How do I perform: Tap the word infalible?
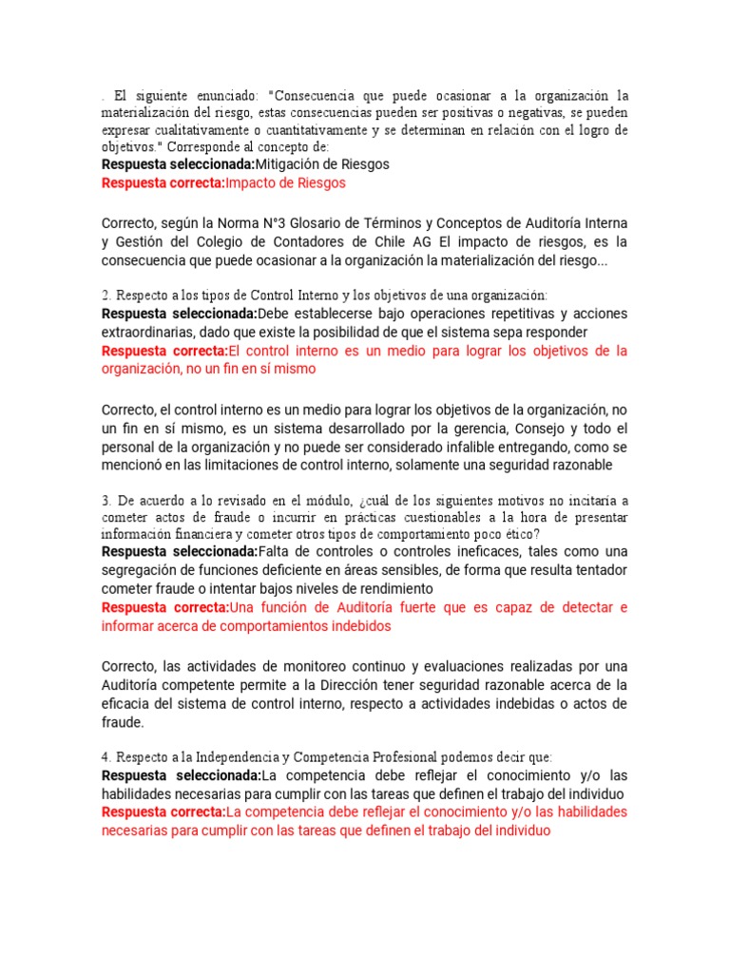click(440, 447)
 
